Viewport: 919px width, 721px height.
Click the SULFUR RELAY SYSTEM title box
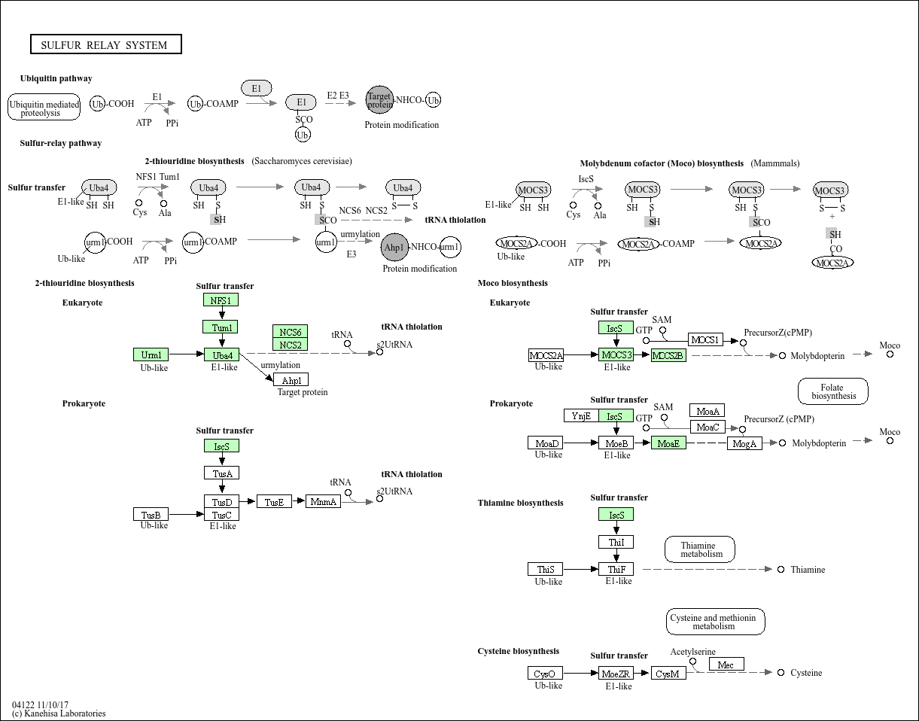105,45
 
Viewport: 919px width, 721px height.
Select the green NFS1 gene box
221,300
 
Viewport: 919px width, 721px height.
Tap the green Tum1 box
221,327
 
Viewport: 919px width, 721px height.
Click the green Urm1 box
151,354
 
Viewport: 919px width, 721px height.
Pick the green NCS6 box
291,332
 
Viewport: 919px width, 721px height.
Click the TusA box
221,473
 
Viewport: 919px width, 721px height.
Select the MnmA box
323,501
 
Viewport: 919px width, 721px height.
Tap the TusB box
151,515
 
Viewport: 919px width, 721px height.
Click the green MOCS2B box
668,355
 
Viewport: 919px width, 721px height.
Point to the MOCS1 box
705,340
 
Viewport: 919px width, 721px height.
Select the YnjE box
581,415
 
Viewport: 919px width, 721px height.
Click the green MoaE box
668,443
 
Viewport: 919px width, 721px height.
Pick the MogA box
744,443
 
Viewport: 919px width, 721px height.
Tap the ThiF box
616,570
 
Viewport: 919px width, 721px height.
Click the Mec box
726,665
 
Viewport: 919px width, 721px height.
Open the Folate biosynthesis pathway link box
833,391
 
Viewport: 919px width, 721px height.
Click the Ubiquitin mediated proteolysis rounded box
44,108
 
